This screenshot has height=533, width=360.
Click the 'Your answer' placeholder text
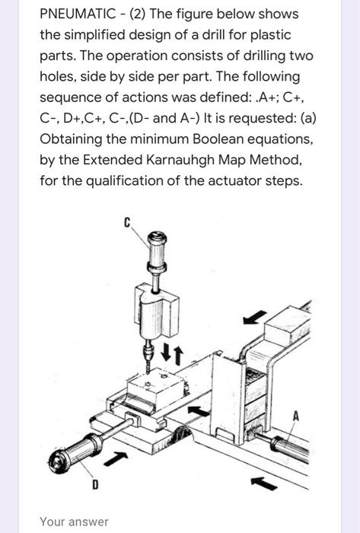coord(75,522)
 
